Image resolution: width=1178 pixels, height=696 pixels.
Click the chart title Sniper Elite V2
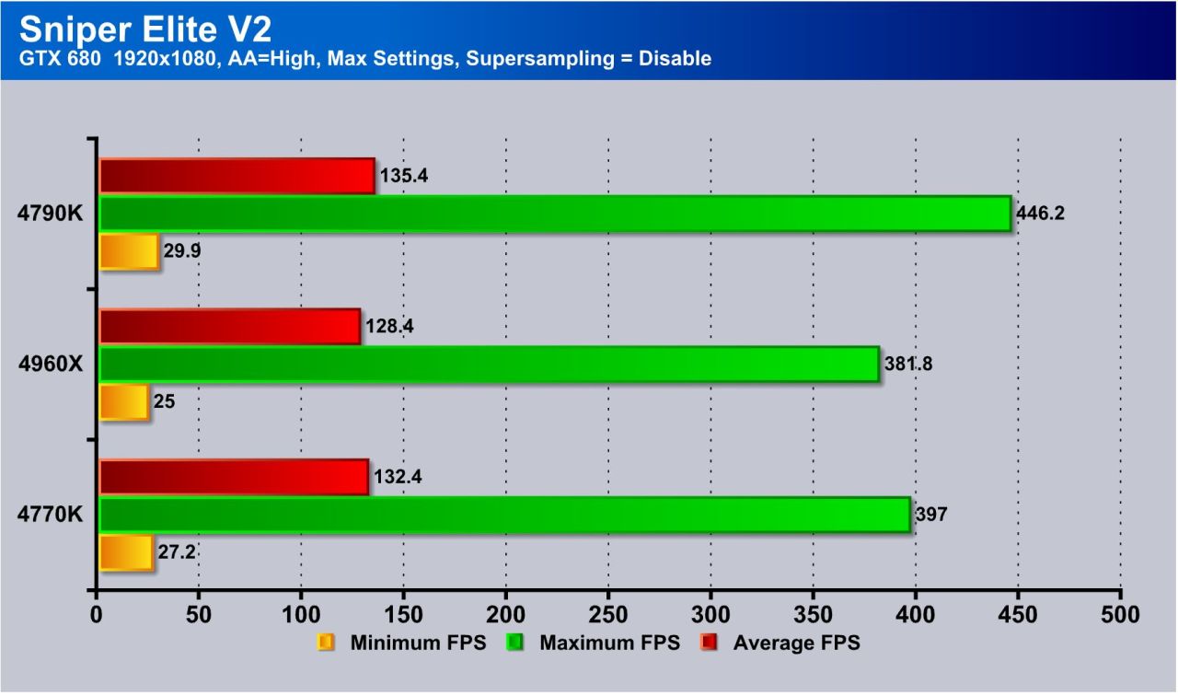pos(145,29)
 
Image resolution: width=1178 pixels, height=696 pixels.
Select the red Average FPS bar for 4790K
pos(237,176)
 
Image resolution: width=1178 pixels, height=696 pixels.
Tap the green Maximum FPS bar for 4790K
pos(554,214)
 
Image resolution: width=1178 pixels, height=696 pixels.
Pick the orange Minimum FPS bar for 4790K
pos(129,251)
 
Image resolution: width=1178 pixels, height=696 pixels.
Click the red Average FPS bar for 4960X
pos(229,327)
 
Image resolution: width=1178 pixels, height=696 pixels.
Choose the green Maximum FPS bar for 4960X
pos(489,364)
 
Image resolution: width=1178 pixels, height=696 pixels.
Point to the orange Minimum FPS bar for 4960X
pos(123,402)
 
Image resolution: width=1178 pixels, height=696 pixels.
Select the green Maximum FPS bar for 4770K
pos(504,515)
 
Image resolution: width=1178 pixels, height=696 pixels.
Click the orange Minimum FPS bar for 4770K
pos(126,552)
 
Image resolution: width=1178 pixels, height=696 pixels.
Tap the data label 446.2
pos(1040,214)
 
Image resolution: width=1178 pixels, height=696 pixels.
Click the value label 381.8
pos(908,364)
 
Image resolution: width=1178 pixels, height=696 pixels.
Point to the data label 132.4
pos(398,477)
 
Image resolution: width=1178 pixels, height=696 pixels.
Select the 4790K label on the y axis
pos(51,214)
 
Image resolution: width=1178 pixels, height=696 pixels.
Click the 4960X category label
pos(51,365)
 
